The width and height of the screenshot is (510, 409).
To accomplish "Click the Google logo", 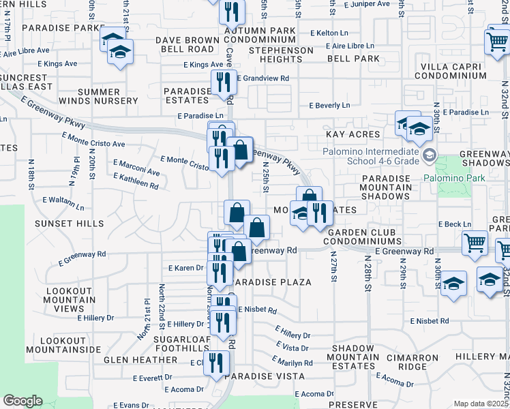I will tap(23, 401).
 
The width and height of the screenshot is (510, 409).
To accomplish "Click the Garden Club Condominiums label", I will tap(363, 237).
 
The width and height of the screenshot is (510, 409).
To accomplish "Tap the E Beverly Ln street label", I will tap(329, 106).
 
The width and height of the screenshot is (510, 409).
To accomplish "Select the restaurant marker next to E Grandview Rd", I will tap(224, 82).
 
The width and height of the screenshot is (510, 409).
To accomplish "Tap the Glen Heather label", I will tap(140, 359).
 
